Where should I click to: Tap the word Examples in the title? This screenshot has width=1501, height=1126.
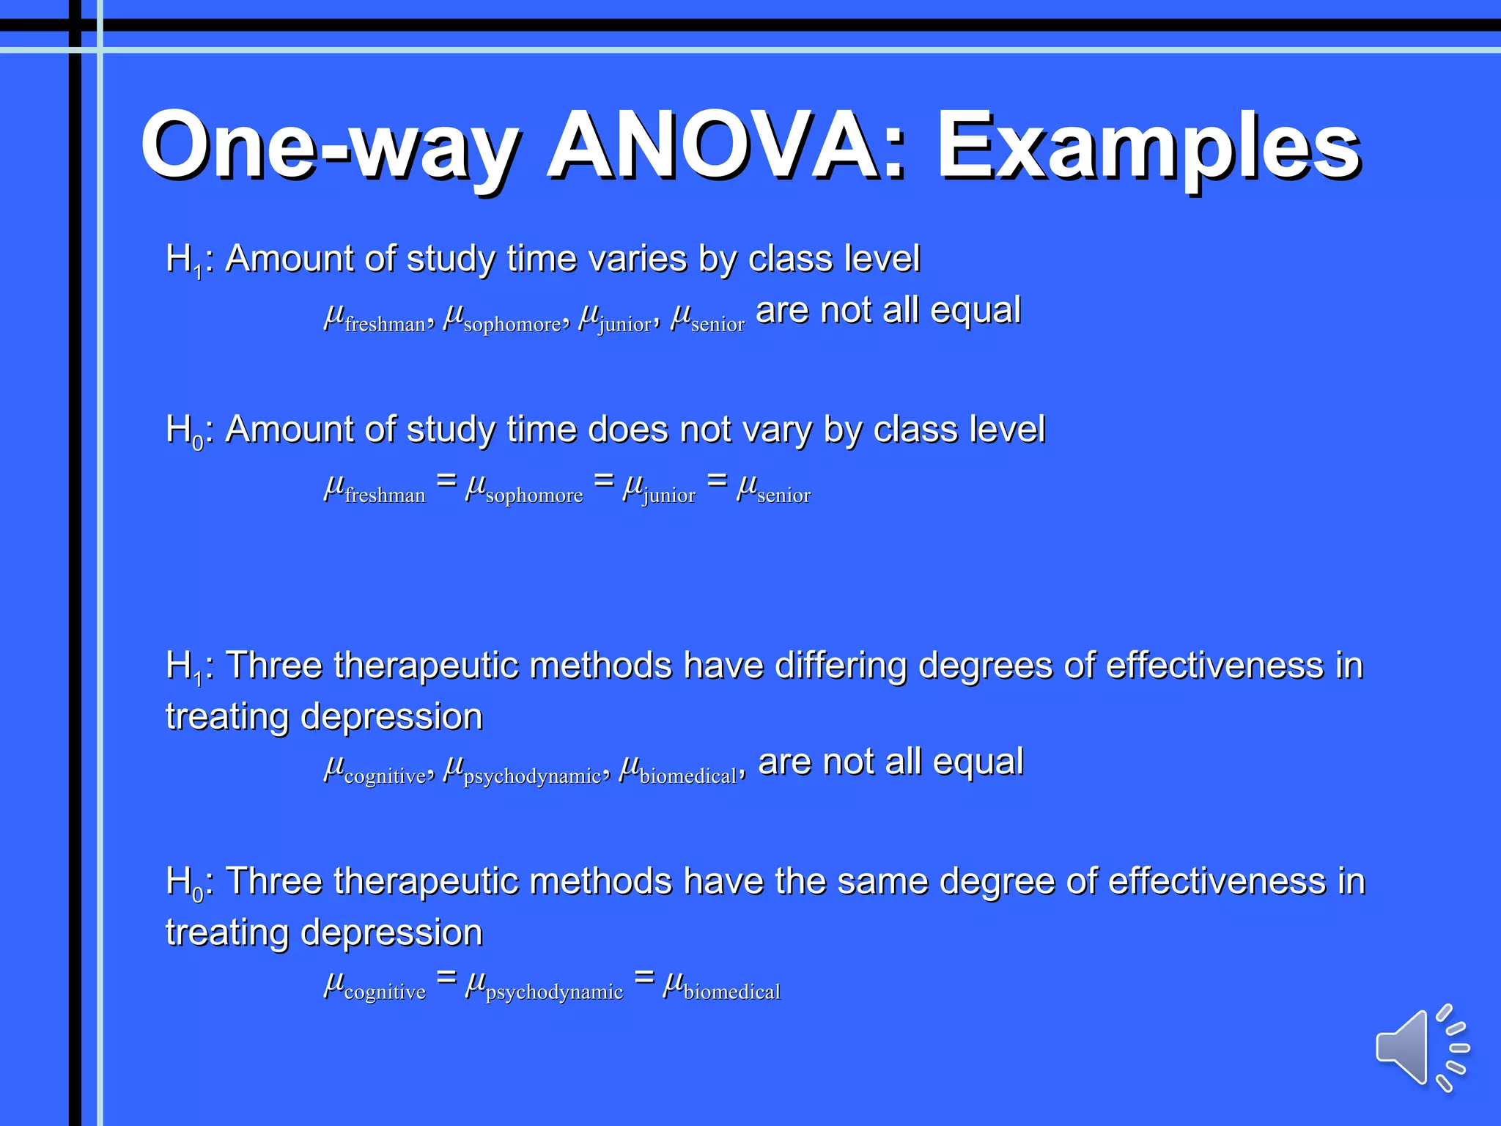[1148, 147]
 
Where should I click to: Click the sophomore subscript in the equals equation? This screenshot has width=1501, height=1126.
[534, 496]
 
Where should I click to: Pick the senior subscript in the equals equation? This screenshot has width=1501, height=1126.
[783, 496]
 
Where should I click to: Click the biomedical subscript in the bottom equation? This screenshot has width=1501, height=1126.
[731, 992]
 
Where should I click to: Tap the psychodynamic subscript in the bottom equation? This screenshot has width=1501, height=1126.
[554, 993]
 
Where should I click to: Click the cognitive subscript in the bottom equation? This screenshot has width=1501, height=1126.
[385, 993]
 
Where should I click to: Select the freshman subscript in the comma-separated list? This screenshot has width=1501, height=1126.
[385, 324]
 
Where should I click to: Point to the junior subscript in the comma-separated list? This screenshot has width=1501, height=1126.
[624, 325]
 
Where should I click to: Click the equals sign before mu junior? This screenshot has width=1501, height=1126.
[603, 480]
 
